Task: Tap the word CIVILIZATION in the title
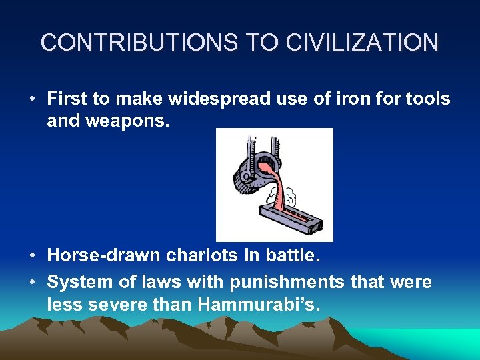click(363, 43)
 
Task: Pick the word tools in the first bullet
click(427, 99)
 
